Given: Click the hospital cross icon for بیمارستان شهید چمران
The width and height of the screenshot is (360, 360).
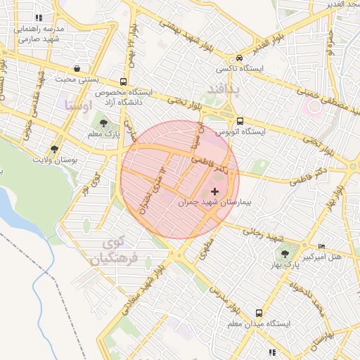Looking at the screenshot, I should coord(214,191).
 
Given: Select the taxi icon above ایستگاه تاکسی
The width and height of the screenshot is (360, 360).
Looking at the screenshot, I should coord(240,58).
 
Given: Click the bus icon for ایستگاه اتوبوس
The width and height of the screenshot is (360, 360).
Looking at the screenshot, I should coord(240,121).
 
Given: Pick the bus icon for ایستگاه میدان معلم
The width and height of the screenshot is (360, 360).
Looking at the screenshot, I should coord(259,313).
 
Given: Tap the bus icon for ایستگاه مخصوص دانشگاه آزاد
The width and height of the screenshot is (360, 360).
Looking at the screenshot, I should coord(124,82).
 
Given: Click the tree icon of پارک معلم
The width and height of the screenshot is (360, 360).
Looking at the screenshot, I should coord(104,124).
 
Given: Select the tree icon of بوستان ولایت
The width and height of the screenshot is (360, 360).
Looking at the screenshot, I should coord(54,149).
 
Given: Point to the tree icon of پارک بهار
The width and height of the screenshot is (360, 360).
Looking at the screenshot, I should coord(284,255).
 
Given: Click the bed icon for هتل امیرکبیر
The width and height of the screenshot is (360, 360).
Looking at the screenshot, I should coord(322,247).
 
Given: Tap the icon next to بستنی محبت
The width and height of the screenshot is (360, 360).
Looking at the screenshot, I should coord(76,68).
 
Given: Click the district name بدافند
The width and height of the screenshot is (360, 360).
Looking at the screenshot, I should coord(224,89).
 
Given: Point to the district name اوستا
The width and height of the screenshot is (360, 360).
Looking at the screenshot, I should coord(77,105).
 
